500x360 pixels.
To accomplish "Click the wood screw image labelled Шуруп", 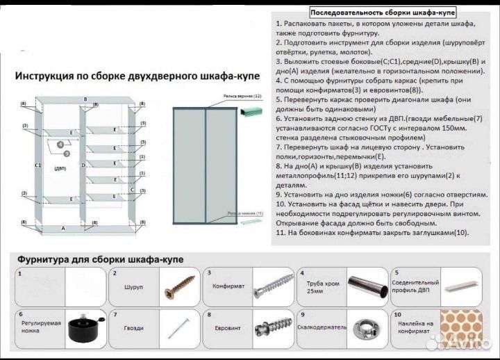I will point(176,286).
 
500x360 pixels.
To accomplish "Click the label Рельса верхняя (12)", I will point(242,95).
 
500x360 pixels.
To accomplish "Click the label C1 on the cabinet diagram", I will point(38,166).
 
